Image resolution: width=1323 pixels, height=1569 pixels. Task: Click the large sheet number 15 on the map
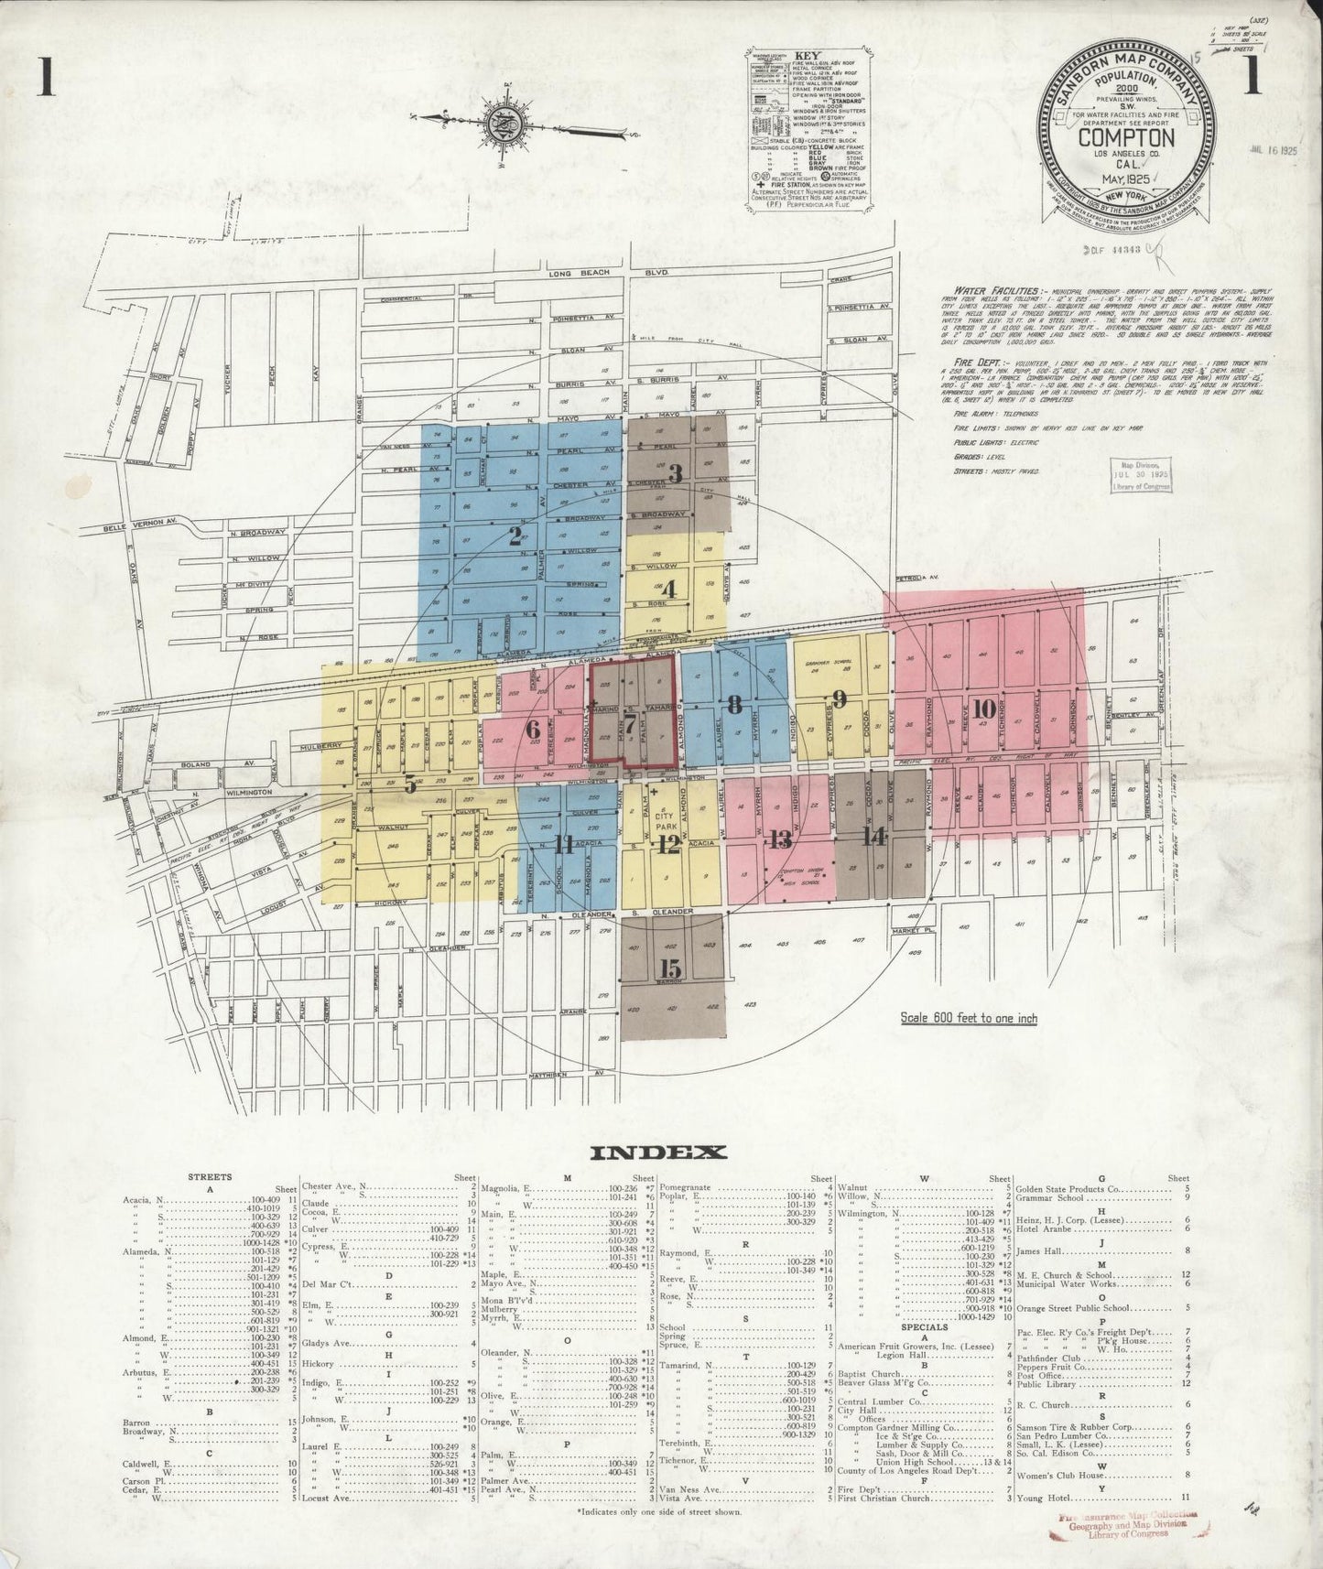[x=670, y=968]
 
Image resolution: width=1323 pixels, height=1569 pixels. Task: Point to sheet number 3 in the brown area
[x=676, y=473]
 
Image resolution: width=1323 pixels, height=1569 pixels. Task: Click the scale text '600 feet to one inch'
[x=968, y=1018]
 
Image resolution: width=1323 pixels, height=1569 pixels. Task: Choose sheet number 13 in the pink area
[x=780, y=839]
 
